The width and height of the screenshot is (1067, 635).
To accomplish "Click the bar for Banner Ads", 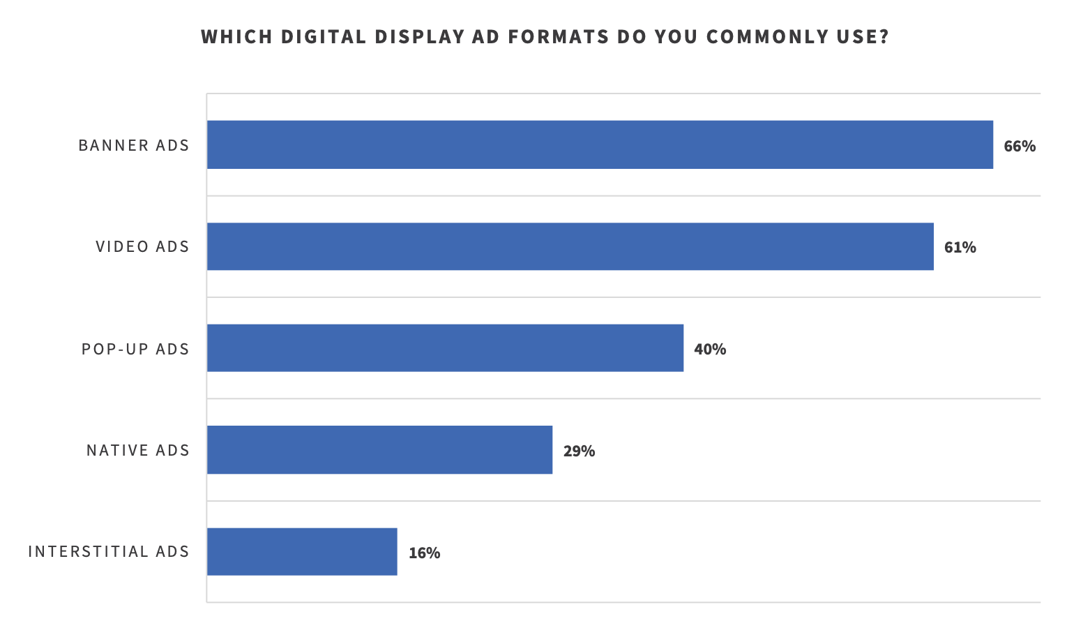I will [600, 144].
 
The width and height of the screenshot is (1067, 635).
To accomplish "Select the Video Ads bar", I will [570, 246].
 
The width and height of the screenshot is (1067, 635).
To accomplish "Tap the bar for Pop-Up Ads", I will [445, 348].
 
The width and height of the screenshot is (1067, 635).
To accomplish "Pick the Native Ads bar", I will [379, 450].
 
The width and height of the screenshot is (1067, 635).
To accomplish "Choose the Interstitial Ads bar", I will [302, 551].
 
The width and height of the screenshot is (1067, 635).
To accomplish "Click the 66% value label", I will [1020, 146].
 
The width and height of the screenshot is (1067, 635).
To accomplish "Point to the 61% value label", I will [960, 247].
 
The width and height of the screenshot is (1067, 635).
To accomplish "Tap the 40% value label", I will [710, 349].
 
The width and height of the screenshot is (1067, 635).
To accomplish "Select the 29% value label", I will [579, 451].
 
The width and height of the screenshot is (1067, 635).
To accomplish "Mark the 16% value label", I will [424, 553].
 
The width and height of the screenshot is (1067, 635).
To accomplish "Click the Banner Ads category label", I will [134, 145].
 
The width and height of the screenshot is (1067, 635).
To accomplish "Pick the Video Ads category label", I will [142, 246].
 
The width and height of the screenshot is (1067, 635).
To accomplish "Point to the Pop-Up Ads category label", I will [135, 349].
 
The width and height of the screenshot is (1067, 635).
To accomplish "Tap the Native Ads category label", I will [138, 450].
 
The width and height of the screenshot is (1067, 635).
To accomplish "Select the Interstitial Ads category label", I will [109, 551].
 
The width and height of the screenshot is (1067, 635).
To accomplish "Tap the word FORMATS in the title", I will [559, 36].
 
